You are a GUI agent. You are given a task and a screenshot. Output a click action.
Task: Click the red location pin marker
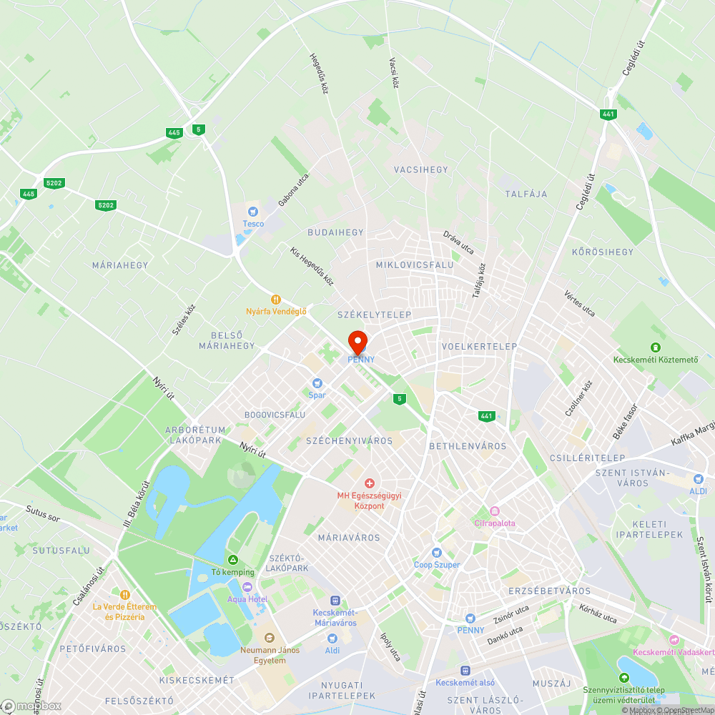point(357,340)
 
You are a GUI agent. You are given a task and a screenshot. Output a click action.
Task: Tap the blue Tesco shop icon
point(252,211)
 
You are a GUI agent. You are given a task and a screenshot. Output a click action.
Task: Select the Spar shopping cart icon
point(317,383)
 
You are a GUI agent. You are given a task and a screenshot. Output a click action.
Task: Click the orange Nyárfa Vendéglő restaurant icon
point(276,300)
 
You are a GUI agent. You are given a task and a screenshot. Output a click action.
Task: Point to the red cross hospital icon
point(370,484)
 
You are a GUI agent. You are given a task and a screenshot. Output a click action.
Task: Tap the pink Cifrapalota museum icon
point(494,511)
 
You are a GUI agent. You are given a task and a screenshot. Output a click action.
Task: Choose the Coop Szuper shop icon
point(437,553)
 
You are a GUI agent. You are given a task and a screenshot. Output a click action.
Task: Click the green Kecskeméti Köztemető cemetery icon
point(656,347)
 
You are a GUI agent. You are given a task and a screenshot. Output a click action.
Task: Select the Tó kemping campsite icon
point(232,560)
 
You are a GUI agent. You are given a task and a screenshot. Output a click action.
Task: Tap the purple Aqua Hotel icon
point(247,587)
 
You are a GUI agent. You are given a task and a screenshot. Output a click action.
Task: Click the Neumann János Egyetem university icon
point(268,637)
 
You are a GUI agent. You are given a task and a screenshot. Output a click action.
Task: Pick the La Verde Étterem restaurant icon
point(124,594)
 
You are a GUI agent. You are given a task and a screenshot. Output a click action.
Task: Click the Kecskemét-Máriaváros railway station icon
point(335,601)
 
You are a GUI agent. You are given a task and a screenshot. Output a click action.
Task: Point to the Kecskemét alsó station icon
point(465,671)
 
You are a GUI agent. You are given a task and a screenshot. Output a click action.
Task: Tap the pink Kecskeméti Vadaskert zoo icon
point(674,640)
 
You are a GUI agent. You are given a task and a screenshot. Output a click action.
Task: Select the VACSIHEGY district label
point(420,169)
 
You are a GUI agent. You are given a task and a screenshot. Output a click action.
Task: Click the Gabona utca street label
point(294,189)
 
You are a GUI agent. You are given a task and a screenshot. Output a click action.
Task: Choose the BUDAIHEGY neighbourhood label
point(335,232)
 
